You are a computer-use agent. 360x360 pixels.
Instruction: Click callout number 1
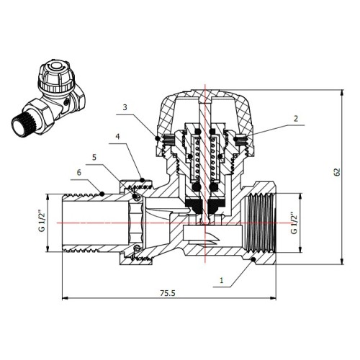pyautogui.click(x=222, y=280)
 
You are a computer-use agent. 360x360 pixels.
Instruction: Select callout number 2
pyautogui.click(x=296, y=119)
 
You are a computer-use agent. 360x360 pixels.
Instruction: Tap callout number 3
pyautogui.click(x=125, y=107)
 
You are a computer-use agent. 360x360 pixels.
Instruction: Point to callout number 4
pyautogui.click(x=117, y=137)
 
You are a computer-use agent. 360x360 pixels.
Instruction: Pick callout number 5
pyautogui.click(x=94, y=158)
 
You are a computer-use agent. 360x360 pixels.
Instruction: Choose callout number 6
pyautogui.click(x=79, y=172)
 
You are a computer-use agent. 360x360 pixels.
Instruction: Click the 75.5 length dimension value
pyautogui.click(x=168, y=293)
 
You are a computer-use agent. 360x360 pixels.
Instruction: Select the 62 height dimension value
pyautogui.click(x=338, y=172)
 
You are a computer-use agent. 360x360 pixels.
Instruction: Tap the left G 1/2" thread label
pyautogui.click(x=42, y=221)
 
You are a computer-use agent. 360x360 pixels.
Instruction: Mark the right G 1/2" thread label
pyautogui.click(x=294, y=222)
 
